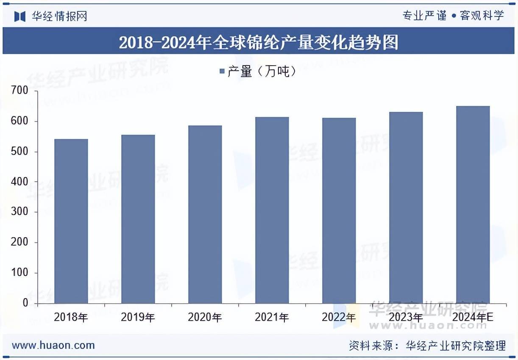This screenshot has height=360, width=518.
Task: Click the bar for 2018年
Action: [71, 221]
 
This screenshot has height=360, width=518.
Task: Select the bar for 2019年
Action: [138, 219]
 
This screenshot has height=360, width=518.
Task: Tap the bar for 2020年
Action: [205, 214]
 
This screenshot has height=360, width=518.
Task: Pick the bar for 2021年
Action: [272, 210]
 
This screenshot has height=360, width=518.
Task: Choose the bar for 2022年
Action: [339, 210]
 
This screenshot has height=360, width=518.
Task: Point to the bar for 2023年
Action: [406, 208]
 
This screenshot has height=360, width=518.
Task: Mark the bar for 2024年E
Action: [473, 205]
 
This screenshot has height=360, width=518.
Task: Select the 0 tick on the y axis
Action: [25, 303]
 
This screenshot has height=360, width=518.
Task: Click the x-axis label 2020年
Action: [205, 317]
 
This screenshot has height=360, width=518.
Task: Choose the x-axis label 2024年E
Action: [473, 317]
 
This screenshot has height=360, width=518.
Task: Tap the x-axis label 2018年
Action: [71, 317]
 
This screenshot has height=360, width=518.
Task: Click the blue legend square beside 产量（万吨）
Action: [222, 72]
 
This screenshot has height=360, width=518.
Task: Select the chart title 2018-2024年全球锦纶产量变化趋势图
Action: [259, 42]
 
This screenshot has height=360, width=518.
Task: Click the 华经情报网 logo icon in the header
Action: [20, 16]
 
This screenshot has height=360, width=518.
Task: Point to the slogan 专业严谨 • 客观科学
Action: [453, 16]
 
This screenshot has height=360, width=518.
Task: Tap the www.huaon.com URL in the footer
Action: [53, 345]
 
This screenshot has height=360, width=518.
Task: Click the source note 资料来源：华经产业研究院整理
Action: [427, 346]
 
